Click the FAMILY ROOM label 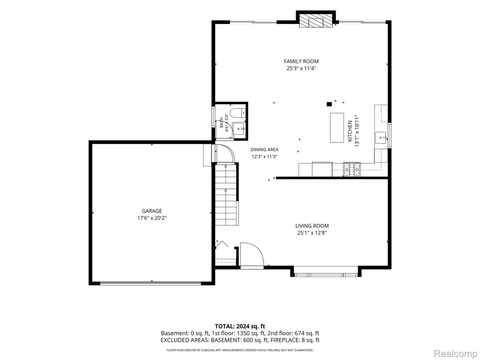[x=301, y=61]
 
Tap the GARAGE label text [x=152, y=211]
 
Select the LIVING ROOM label [x=312, y=226]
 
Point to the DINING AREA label [x=264, y=150]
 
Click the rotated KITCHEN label [x=350, y=131]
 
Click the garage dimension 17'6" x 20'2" [x=152, y=218]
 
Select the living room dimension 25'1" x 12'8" [x=312, y=233]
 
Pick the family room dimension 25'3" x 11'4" [x=301, y=69]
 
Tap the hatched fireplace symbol [x=316, y=22]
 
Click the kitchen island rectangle [x=337, y=128]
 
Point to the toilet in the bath [x=237, y=114]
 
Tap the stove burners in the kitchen [x=352, y=169]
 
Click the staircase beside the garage [x=227, y=194]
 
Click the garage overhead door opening [x=151, y=283]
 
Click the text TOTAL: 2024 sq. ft [x=240, y=326]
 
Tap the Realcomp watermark [x=456, y=354]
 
